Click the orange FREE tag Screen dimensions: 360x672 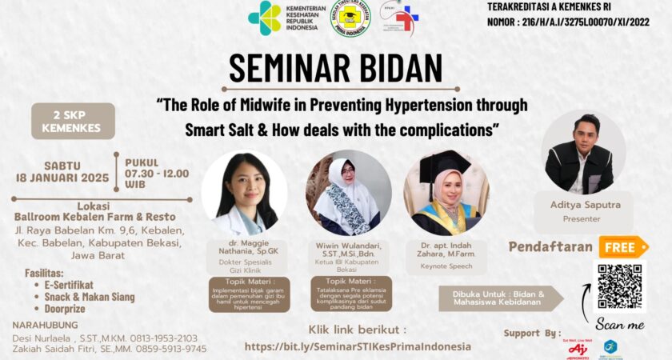tap(622, 246)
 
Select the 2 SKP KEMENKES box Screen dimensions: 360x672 tap(73, 121)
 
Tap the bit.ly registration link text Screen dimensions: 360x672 tap(358, 346)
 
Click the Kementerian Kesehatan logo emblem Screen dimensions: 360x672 tap(264, 18)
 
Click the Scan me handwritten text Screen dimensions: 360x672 tap(619, 325)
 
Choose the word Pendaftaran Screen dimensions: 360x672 tap(553, 247)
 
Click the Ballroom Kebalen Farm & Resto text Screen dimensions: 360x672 tap(95, 216)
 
